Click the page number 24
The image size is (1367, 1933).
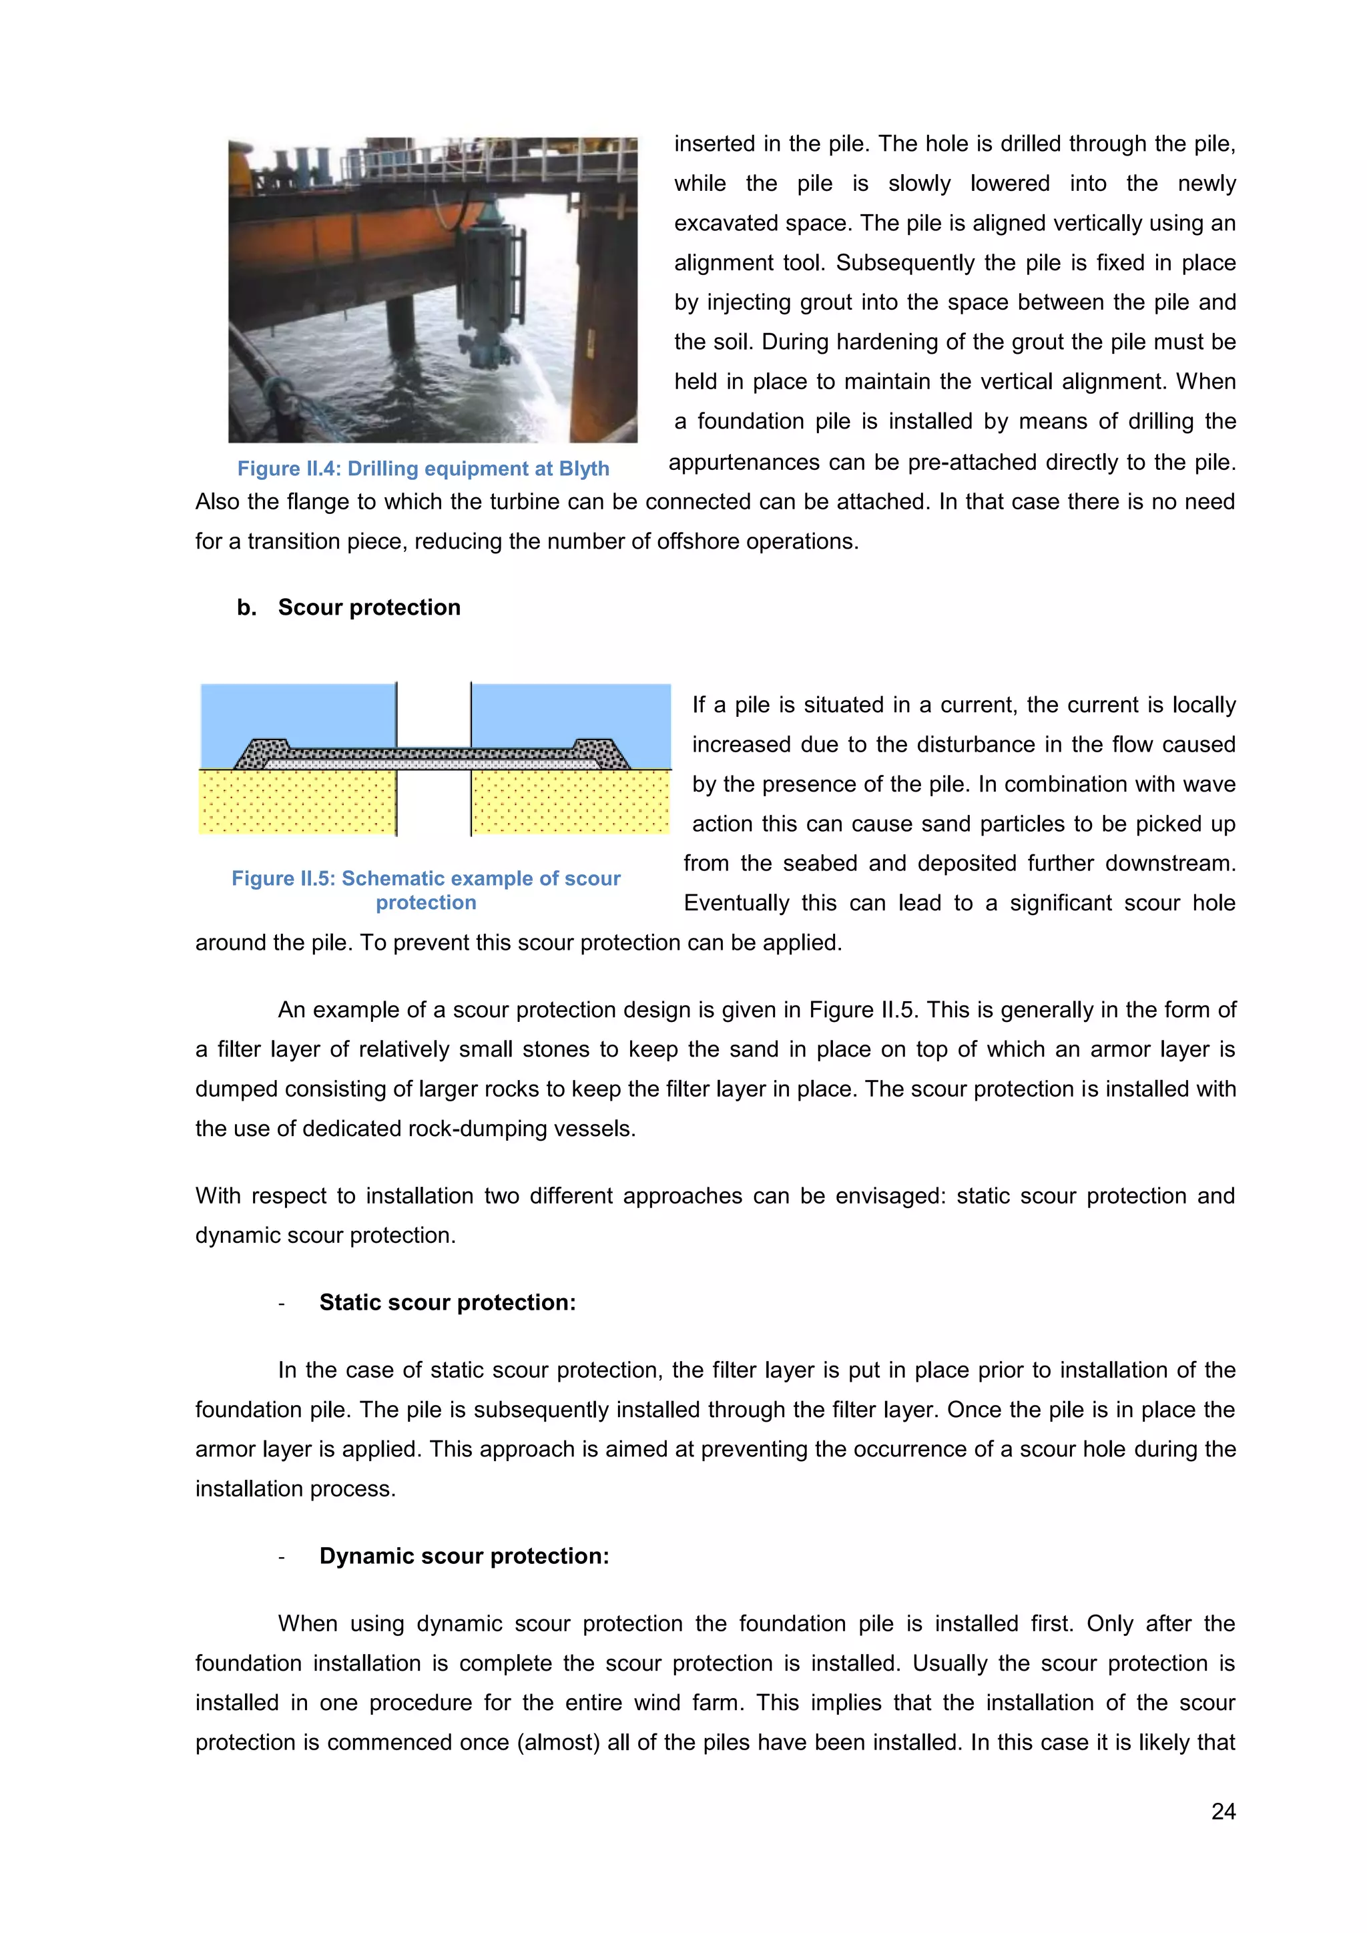click(1222, 1811)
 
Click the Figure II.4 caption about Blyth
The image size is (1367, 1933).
click(423, 469)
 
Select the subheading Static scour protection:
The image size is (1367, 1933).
click(447, 1302)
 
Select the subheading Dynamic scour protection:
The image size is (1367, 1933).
click(464, 1556)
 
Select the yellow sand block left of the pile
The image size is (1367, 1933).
click(296, 802)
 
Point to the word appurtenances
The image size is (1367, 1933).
click(744, 462)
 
